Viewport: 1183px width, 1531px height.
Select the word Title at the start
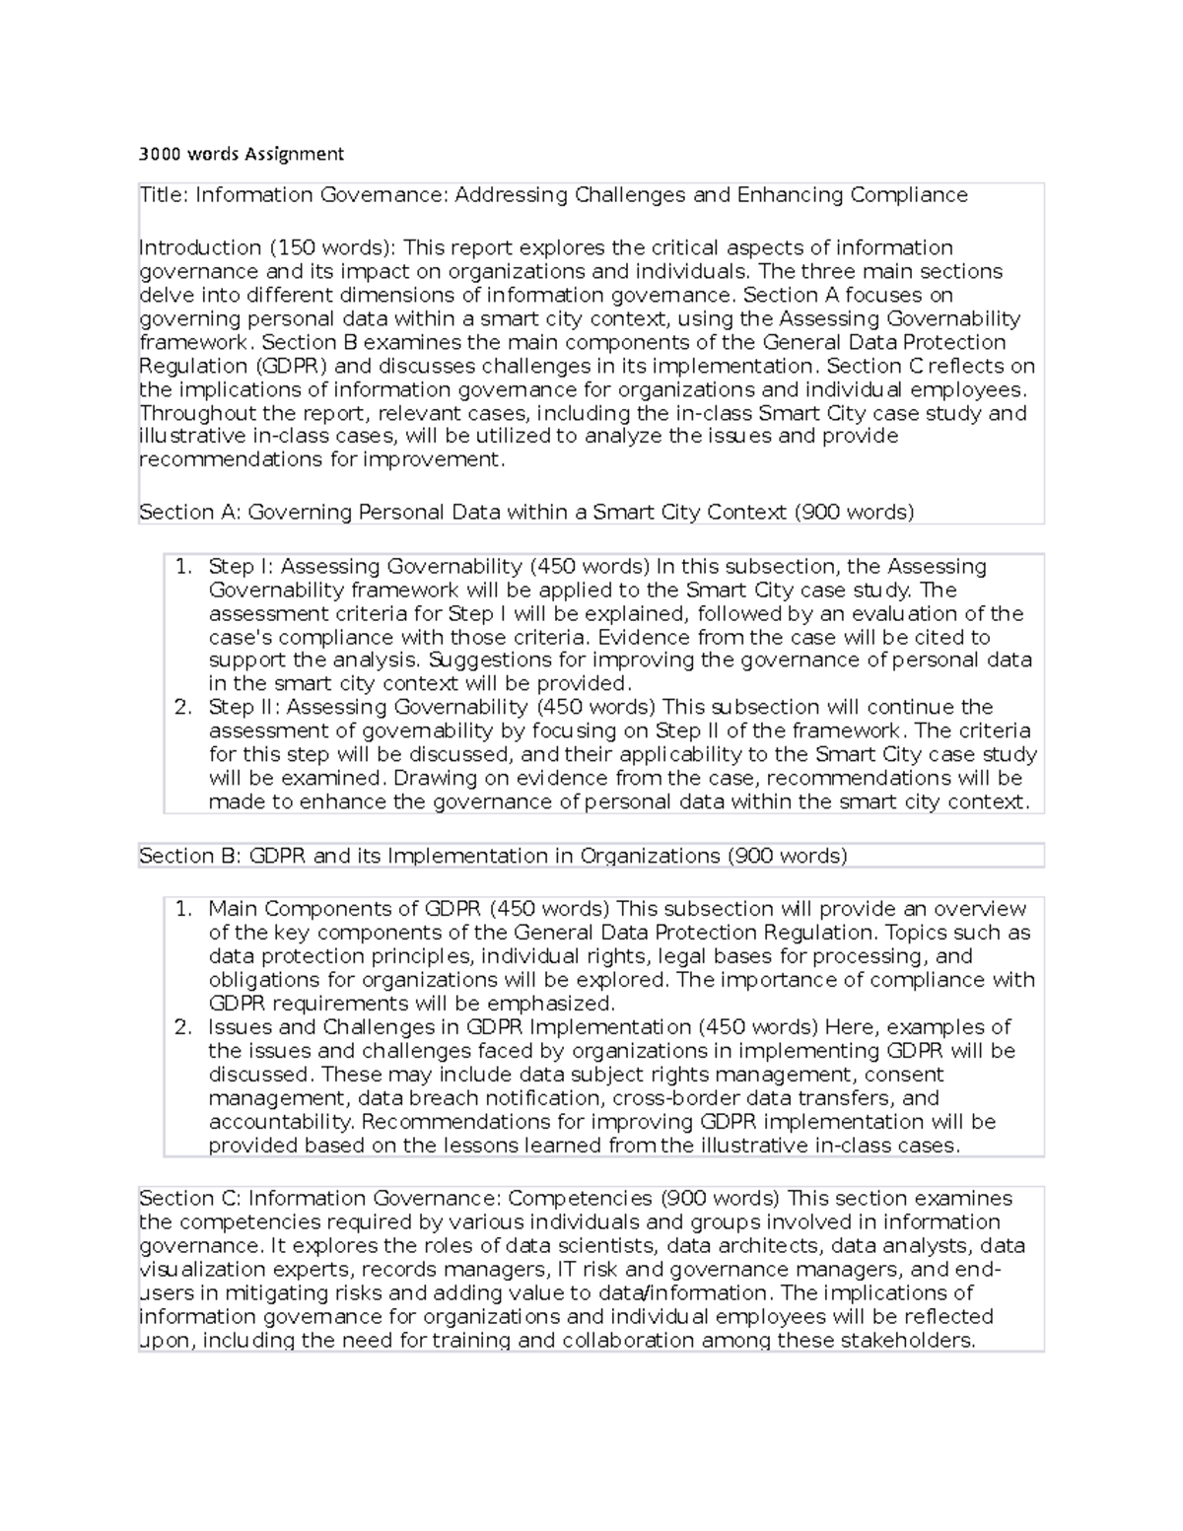pyautogui.click(x=162, y=195)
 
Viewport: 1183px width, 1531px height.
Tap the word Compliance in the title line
pyautogui.click(x=909, y=195)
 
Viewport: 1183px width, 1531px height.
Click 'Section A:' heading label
pyautogui.click(x=190, y=513)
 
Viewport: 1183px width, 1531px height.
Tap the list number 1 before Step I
pyautogui.click(x=182, y=567)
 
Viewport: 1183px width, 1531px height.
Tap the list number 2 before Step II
pyautogui.click(x=182, y=708)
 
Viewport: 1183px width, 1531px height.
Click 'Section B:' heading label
pyautogui.click(x=190, y=856)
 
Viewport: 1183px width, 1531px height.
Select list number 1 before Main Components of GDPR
pyautogui.click(x=182, y=909)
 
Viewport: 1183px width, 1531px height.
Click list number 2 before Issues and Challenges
pyautogui.click(x=182, y=1027)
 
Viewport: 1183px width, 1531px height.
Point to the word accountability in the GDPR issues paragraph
pyautogui.click(x=281, y=1122)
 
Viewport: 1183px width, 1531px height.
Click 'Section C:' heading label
pyautogui.click(x=190, y=1199)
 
